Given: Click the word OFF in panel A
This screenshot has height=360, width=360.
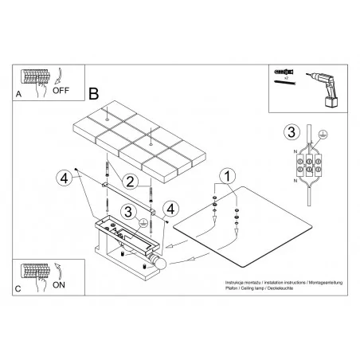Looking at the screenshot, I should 62,91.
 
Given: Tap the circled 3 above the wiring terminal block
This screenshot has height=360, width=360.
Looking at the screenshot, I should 292,131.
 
